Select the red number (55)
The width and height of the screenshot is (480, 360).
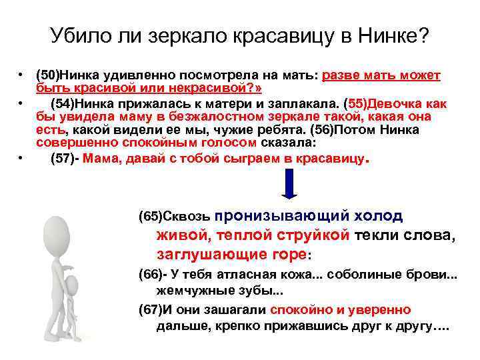(355, 103)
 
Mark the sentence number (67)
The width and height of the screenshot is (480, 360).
(150, 310)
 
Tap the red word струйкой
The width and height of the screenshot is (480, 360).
(313, 235)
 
